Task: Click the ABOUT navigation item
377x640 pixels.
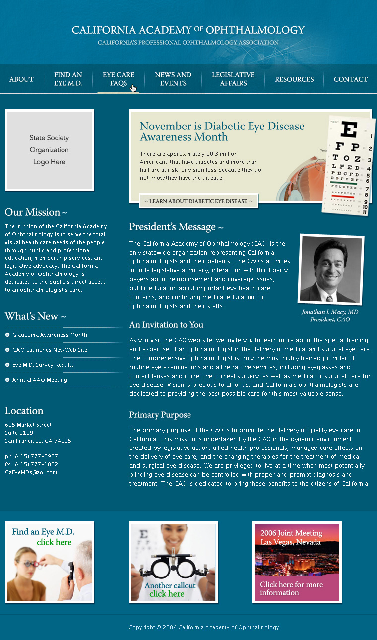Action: click(x=21, y=79)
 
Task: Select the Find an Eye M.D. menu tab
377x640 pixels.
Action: click(x=68, y=79)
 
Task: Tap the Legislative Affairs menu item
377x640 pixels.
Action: click(x=233, y=79)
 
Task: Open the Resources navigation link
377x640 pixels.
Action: click(x=294, y=79)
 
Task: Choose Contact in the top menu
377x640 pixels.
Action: click(x=350, y=79)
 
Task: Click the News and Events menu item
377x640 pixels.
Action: click(x=173, y=79)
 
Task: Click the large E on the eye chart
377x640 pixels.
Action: click(x=350, y=130)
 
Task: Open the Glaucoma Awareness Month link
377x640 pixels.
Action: click(x=50, y=335)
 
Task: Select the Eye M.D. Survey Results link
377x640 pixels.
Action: click(x=43, y=365)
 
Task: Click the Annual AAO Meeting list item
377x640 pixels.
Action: click(x=40, y=380)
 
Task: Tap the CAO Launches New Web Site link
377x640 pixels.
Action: click(x=50, y=350)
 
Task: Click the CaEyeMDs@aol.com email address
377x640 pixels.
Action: click(x=31, y=473)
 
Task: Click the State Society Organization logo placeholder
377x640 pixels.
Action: click(x=49, y=150)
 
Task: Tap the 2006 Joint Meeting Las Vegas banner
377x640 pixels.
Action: click(x=297, y=562)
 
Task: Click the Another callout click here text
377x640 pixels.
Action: click(x=170, y=590)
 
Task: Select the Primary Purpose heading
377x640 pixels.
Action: click(x=160, y=415)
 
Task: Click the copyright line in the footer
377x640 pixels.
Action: click(x=203, y=628)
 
